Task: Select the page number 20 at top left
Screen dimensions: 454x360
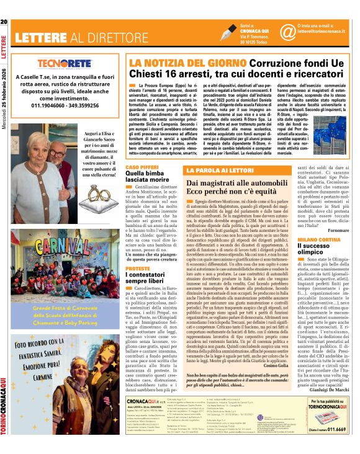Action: tap(4, 23)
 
